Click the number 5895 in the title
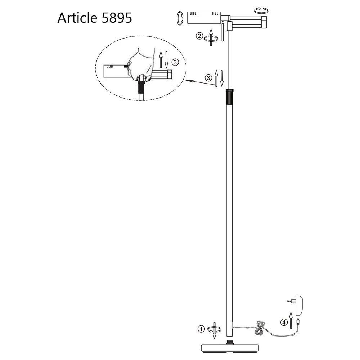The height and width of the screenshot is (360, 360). [x=117, y=18]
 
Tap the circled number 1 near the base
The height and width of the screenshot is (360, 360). [x=201, y=329]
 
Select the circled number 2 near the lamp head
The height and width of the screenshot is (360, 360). [x=199, y=36]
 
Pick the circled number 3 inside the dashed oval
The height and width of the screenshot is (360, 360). [x=175, y=62]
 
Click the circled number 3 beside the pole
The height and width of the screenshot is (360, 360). [x=208, y=78]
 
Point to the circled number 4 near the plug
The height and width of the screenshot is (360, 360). [x=284, y=322]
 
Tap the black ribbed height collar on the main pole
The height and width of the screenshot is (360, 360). [x=230, y=96]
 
